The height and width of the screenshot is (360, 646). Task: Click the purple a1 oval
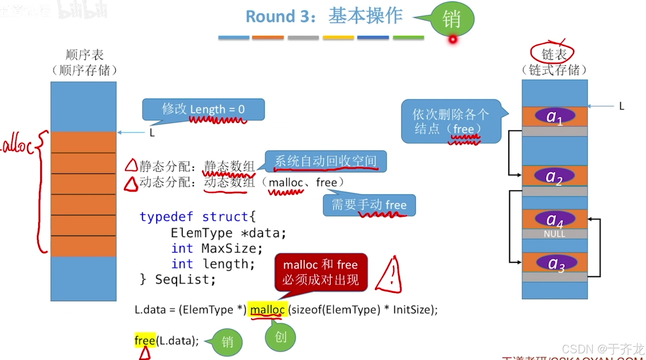coord(555,116)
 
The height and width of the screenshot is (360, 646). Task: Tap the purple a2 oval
coord(555,176)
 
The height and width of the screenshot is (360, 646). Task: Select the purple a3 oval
coord(557,263)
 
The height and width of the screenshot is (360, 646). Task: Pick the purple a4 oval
coord(555,219)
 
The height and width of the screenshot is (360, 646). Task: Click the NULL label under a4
coord(554,234)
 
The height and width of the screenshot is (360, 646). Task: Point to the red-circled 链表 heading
coord(553,54)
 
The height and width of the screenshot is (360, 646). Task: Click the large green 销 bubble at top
coord(452,19)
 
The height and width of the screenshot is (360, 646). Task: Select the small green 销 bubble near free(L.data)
coord(227,342)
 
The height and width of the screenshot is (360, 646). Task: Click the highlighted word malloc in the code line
coord(267,310)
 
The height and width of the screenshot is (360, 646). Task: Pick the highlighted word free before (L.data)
coord(145,340)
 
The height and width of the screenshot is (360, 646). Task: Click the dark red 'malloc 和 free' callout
coord(320,272)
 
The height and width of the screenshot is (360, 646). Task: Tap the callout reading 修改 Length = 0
coord(203,109)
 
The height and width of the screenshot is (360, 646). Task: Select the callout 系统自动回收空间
coord(326,161)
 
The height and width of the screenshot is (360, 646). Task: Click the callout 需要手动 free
coord(369,205)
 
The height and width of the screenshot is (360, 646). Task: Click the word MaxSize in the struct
coord(232,248)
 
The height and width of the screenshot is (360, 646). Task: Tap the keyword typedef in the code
coord(166,217)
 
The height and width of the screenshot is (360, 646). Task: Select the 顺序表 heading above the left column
coord(85,55)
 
